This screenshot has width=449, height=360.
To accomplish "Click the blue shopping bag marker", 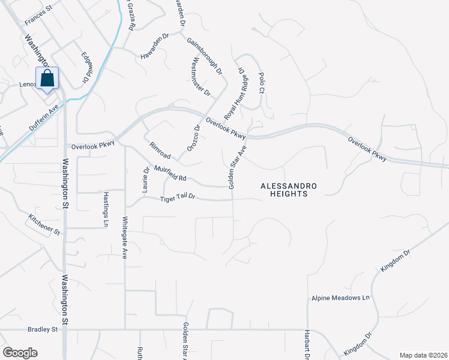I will [47, 78].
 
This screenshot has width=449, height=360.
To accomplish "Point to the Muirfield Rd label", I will [170, 173].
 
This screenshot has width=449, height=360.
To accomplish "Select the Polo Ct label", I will [261, 82].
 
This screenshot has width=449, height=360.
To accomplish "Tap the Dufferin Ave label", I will [45, 119].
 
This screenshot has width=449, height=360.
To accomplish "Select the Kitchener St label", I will [44, 223].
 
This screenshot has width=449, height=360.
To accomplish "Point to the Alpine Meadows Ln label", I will [340, 298].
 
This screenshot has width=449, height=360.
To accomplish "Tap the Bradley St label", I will [42, 329].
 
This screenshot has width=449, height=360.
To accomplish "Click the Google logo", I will [20, 353].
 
